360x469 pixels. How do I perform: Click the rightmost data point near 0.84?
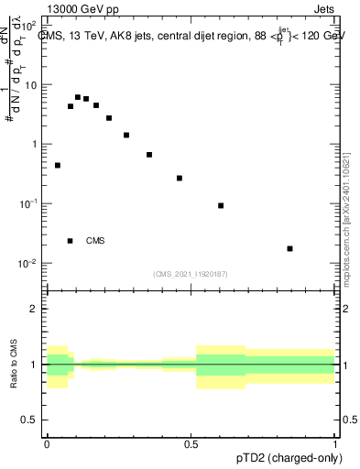pyautogui.click(x=289, y=248)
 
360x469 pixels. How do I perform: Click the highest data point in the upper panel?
pyautogui.click(x=78, y=96)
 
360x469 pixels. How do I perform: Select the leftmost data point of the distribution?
pyautogui.click(x=58, y=166)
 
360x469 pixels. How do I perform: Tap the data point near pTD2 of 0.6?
pyautogui.click(x=221, y=205)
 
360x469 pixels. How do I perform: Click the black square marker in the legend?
pyautogui.click(x=70, y=241)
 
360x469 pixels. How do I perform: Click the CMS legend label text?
pyautogui.click(x=95, y=241)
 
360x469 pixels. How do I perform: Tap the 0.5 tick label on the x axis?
pyautogui.click(x=191, y=443)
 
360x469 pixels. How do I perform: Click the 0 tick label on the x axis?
pyautogui.click(x=47, y=443)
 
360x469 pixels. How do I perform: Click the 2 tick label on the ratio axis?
pyautogui.click(x=37, y=309)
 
